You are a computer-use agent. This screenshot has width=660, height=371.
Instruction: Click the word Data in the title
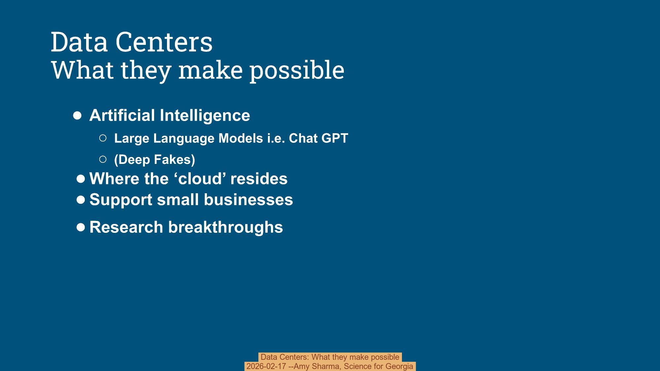pyautogui.click(x=79, y=42)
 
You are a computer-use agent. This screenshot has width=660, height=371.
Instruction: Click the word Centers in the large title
pyautogui.click(x=164, y=42)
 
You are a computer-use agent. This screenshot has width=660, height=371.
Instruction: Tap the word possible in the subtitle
pyautogui.click(x=297, y=70)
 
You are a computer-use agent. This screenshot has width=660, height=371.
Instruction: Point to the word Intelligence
pyautogui.click(x=205, y=115)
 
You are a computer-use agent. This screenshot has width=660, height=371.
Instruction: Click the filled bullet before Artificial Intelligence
pyautogui.click(x=77, y=116)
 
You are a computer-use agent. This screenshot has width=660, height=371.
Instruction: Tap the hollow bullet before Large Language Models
pyautogui.click(x=103, y=138)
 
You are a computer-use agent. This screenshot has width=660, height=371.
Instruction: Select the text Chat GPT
pyautogui.click(x=318, y=138)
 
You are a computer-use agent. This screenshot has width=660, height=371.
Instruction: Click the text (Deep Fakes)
pyautogui.click(x=154, y=160)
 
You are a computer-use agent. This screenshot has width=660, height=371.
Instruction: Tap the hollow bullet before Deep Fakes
pyautogui.click(x=103, y=160)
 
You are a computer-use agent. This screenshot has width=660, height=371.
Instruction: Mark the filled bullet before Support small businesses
pyautogui.click(x=81, y=200)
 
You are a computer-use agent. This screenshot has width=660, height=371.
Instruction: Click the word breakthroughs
pyautogui.click(x=225, y=227)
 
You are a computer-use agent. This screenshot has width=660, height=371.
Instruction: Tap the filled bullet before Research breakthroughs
pyautogui.click(x=81, y=227)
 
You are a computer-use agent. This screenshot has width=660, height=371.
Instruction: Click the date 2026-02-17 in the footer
pyautogui.click(x=266, y=366)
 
